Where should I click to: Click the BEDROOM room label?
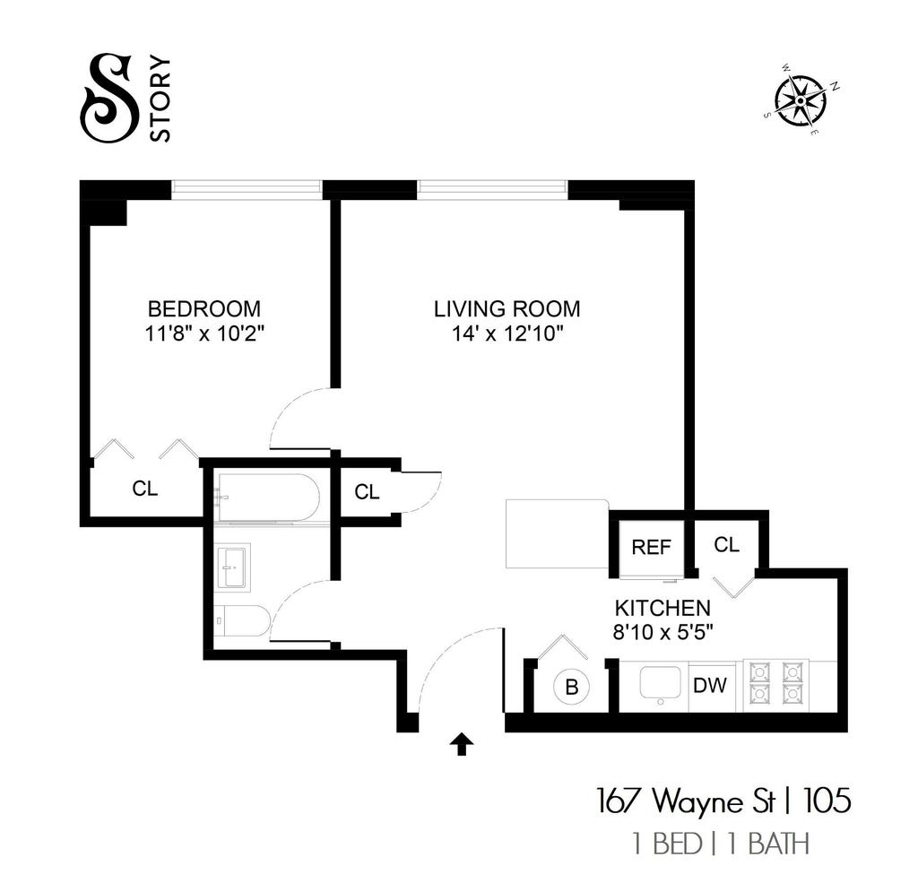[x=204, y=308]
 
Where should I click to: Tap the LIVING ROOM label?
[x=507, y=308]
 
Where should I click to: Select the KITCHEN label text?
[x=663, y=609]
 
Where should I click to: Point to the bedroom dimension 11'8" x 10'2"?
[x=204, y=333]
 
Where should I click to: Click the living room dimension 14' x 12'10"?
[x=507, y=333]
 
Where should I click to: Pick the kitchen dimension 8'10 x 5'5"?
[x=663, y=633]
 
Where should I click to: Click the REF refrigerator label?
[x=651, y=548]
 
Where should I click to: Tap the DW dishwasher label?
[x=710, y=685]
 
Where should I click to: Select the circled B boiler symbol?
[x=572, y=687]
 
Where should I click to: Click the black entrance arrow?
[x=462, y=744]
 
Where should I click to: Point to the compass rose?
[x=801, y=101]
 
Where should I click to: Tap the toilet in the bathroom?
[x=242, y=622]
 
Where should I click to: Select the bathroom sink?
[x=234, y=567]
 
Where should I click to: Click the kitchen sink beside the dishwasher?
[x=661, y=684]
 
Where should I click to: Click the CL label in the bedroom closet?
[x=145, y=489]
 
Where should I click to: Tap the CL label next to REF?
[x=726, y=545]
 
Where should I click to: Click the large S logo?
[x=109, y=98]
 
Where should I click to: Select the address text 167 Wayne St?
[x=686, y=801]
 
